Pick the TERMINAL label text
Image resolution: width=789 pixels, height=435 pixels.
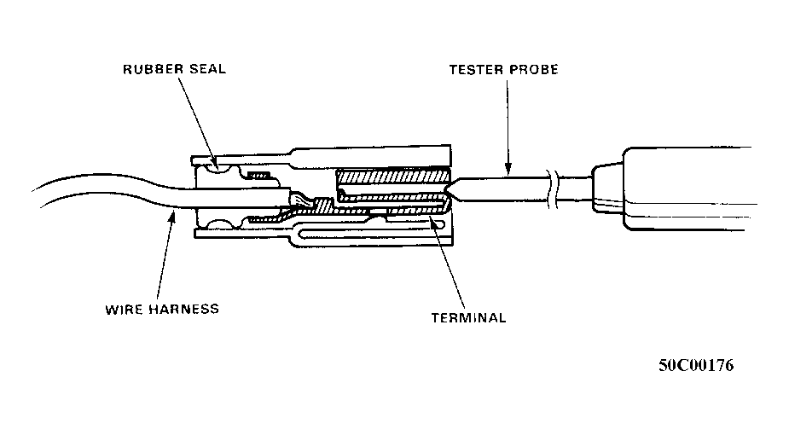[x=468, y=318]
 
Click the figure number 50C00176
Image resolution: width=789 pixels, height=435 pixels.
[x=696, y=365]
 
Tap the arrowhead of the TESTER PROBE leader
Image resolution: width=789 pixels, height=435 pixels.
[x=508, y=170]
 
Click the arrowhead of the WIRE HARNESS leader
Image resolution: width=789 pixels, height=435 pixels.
[x=172, y=217]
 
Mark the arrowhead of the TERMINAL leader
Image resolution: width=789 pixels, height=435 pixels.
[x=431, y=219]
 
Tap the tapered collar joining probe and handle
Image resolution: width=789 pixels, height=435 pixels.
[x=607, y=188]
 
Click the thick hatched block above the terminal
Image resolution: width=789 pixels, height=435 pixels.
[x=392, y=176]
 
